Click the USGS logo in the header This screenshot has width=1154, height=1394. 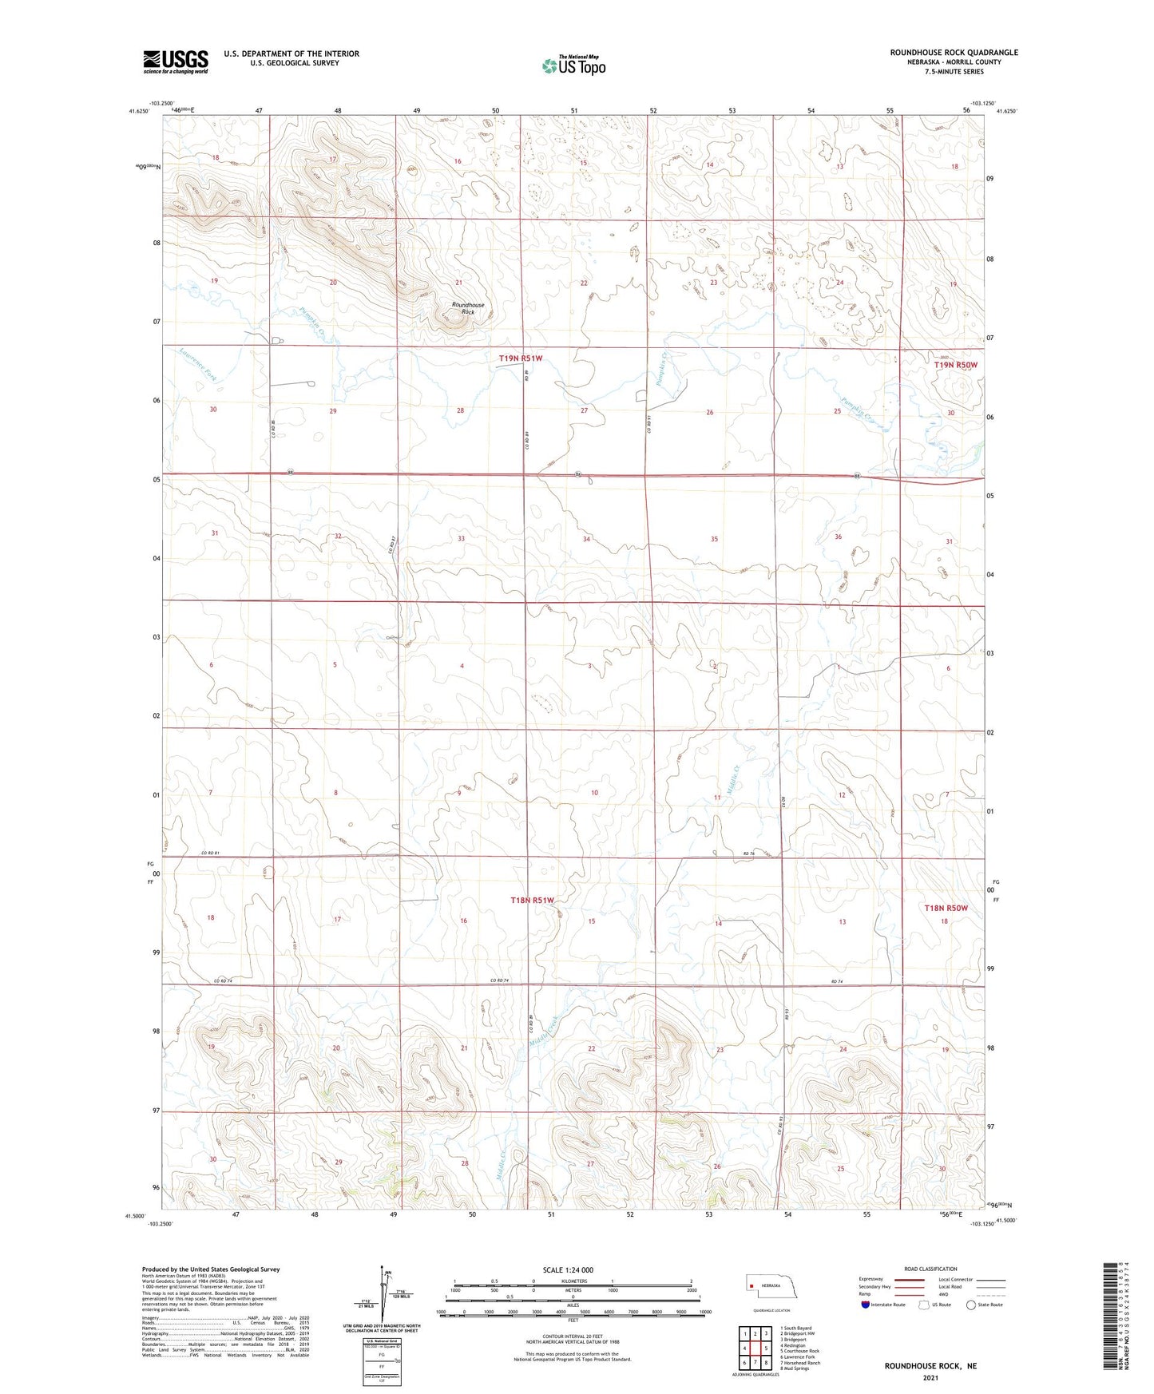point(175,61)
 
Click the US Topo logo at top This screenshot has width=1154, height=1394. point(573,65)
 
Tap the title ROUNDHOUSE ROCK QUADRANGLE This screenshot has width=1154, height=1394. point(954,53)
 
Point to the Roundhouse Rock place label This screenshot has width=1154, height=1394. point(467,308)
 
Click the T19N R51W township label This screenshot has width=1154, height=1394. point(520,358)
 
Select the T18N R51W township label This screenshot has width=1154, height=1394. point(532,900)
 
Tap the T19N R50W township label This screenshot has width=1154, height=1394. point(955,365)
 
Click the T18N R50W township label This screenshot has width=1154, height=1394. point(946,908)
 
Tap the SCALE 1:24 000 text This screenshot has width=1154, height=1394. point(568,1270)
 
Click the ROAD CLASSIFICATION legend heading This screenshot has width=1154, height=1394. point(930,1269)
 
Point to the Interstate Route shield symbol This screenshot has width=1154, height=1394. point(865,1305)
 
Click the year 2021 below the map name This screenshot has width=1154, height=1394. point(930,1377)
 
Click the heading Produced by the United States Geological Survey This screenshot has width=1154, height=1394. point(211,1269)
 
